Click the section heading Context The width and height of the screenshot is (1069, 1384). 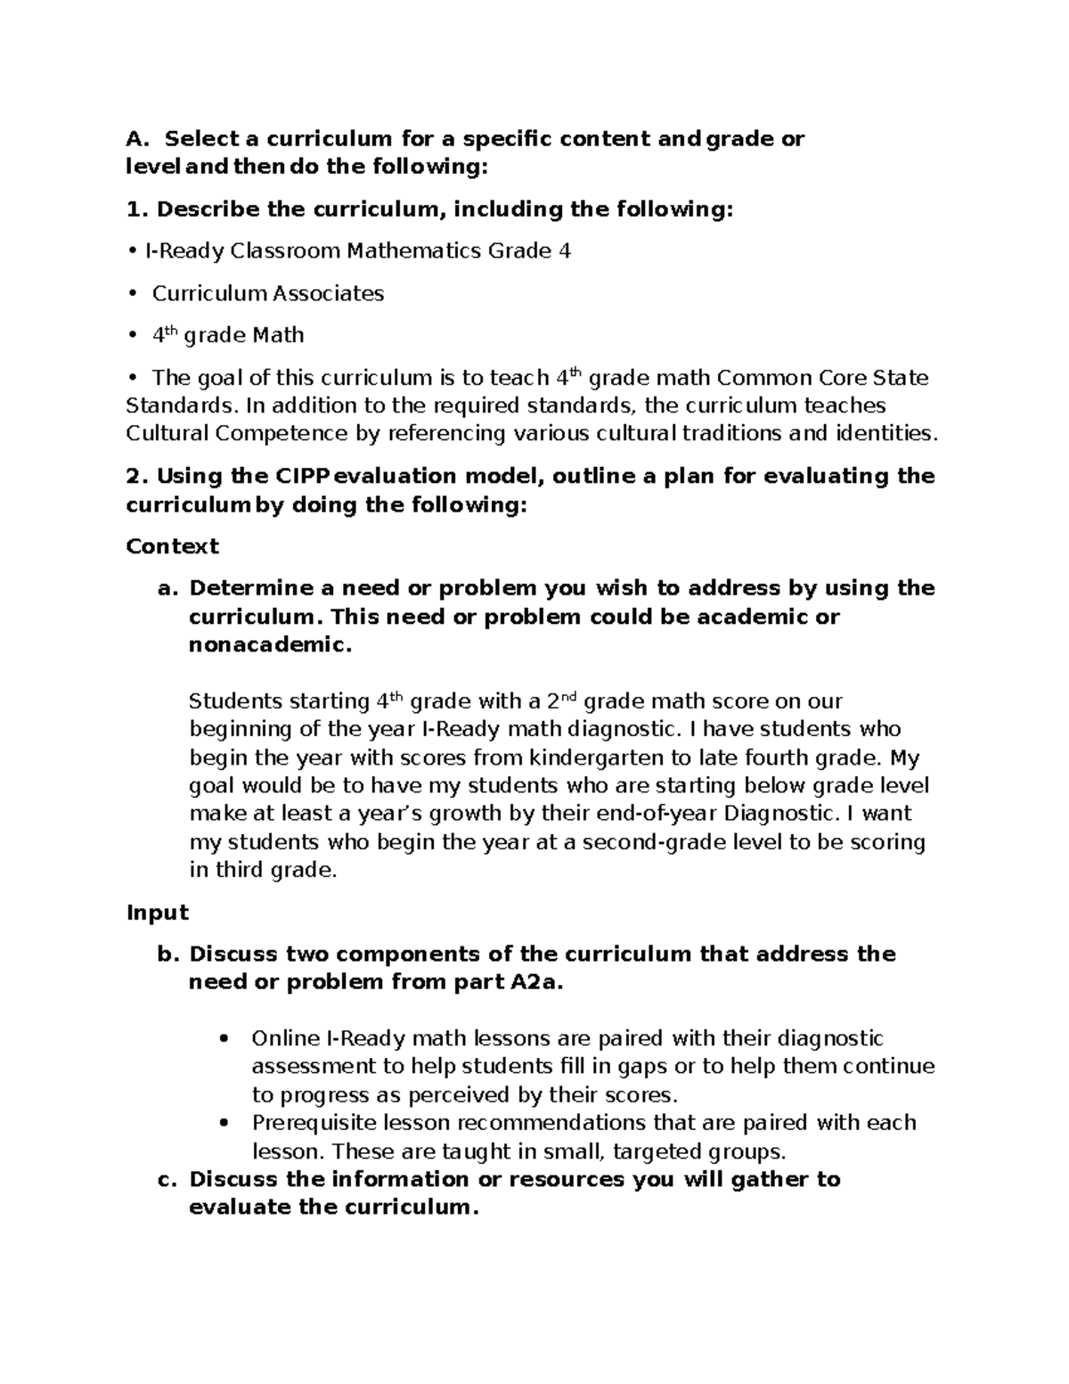point(172,545)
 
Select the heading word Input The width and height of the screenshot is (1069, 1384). point(158,912)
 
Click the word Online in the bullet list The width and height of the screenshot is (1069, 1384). point(285,1038)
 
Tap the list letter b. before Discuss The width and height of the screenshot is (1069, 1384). point(167,954)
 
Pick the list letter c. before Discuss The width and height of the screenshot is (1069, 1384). point(167,1179)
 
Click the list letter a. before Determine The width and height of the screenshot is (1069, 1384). point(167,588)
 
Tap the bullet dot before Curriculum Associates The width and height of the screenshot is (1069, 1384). point(132,294)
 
